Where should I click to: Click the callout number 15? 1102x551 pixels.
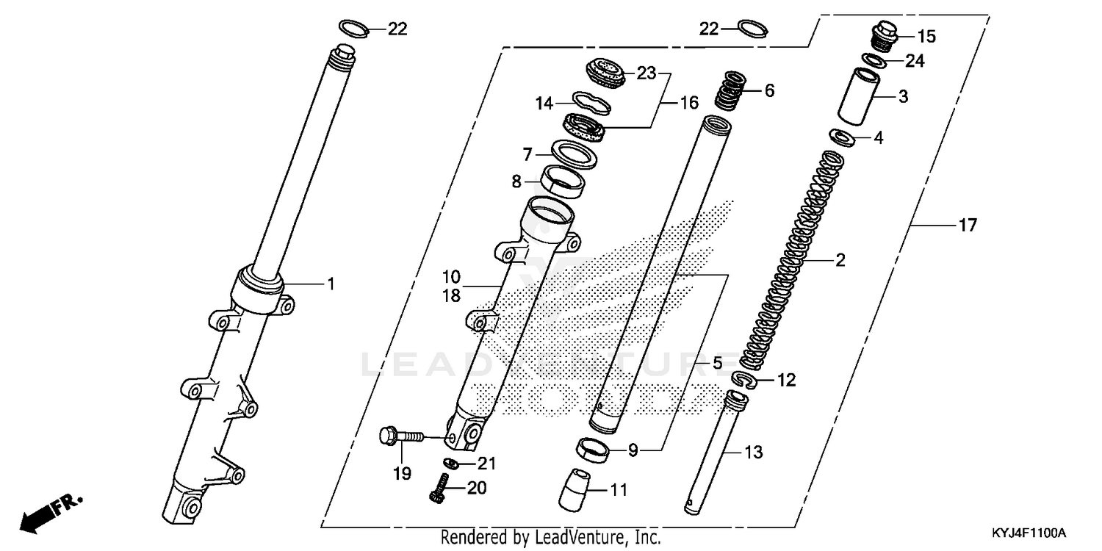tap(926, 36)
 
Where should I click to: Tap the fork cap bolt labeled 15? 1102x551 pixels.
tap(884, 37)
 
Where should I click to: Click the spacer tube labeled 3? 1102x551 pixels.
tap(861, 97)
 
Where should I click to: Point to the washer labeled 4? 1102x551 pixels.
tap(840, 137)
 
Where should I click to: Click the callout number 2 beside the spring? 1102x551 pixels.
tap(840, 260)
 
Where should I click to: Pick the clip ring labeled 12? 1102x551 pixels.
tap(748, 379)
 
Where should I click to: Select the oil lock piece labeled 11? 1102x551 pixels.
tap(576, 487)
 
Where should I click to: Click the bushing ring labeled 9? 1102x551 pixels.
tap(593, 450)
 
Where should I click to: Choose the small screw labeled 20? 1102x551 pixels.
tap(440, 490)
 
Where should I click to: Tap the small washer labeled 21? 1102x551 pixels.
tap(453, 462)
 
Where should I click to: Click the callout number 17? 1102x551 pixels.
tap(968, 226)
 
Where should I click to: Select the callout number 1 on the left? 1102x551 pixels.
tap(331, 284)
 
